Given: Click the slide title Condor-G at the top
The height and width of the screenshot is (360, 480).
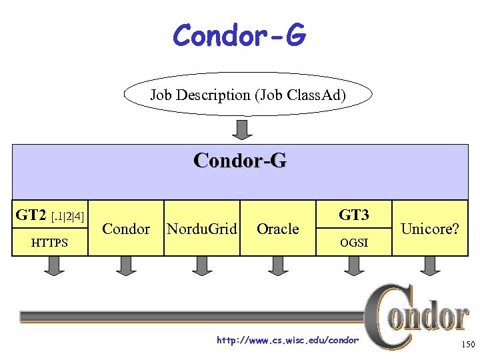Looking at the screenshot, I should click(239, 35).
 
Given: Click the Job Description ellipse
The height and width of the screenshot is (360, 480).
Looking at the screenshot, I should click(248, 95).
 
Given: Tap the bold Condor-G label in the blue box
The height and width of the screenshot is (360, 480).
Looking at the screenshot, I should click(240, 161).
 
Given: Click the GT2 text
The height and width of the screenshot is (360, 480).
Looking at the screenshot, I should click(31, 215).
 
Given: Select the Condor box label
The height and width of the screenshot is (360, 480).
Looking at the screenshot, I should click(126, 229).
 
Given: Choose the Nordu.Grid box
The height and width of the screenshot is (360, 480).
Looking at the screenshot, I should click(201, 229).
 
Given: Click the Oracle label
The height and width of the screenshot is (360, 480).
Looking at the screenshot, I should click(277, 229).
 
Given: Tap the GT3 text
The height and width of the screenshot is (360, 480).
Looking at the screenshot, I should click(353, 215).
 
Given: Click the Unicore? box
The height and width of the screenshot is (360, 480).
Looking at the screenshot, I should click(430, 229).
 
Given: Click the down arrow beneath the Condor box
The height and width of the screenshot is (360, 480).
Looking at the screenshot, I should click(126, 265).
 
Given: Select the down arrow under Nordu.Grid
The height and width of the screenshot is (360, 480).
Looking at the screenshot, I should click(201, 265).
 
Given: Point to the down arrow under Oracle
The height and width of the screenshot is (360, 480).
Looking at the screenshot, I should click(277, 265).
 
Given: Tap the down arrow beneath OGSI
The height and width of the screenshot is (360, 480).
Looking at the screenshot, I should click(353, 265).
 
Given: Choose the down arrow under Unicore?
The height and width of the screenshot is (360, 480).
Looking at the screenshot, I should click(429, 265).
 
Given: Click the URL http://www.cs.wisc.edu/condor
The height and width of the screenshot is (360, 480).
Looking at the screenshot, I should click(288, 340).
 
